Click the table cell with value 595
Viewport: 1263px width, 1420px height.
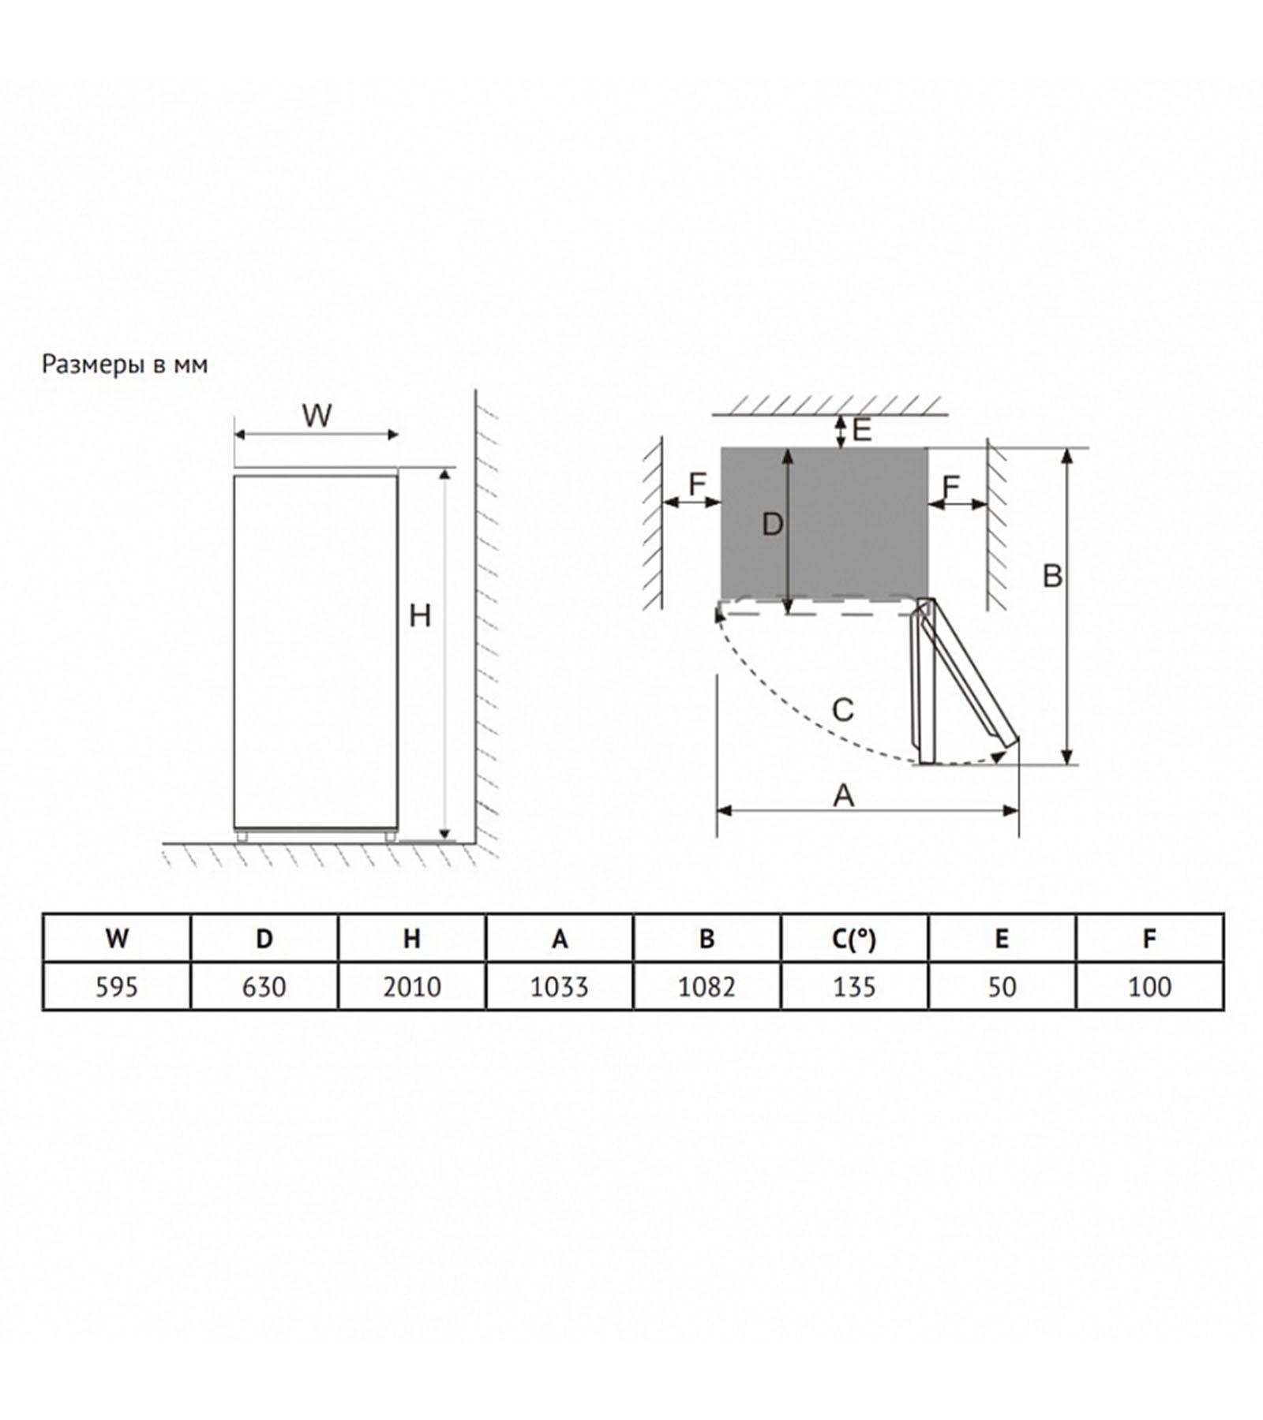tap(117, 987)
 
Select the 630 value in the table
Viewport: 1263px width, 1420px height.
tap(264, 987)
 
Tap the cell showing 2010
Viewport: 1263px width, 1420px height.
tap(412, 987)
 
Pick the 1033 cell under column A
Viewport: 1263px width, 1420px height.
tap(560, 987)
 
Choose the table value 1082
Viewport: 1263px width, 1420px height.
tap(707, 987)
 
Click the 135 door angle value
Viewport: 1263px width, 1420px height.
tap(855, 987)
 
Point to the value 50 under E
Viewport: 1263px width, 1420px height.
tap(1003, 987)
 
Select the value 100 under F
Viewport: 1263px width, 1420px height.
tap(1150, 987)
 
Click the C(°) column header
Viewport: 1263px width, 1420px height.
tap(855, 939)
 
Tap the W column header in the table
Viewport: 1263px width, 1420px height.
tap(117, 939)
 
